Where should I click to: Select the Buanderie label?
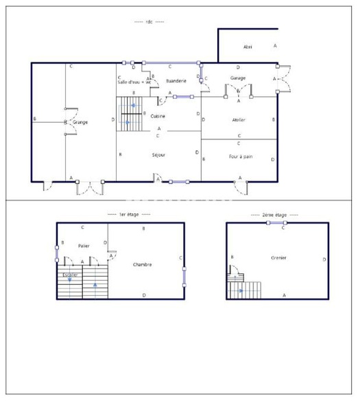click(176, 81)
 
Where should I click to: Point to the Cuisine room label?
click(158, 116)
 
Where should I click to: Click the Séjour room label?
click(158, 154)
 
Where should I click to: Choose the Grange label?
click(80, 122)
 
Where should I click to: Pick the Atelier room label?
click(239, 119)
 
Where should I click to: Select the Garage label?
click(238, 78)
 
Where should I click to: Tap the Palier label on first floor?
click(84, 245)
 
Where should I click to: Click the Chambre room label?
click(143, 264)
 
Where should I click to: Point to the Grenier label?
click(278, 257)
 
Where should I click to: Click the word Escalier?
click(70, 275)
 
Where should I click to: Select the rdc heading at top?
click(149, 21)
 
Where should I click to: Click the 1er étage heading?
click(129, 214)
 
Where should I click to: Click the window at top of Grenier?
click(283, 222)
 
